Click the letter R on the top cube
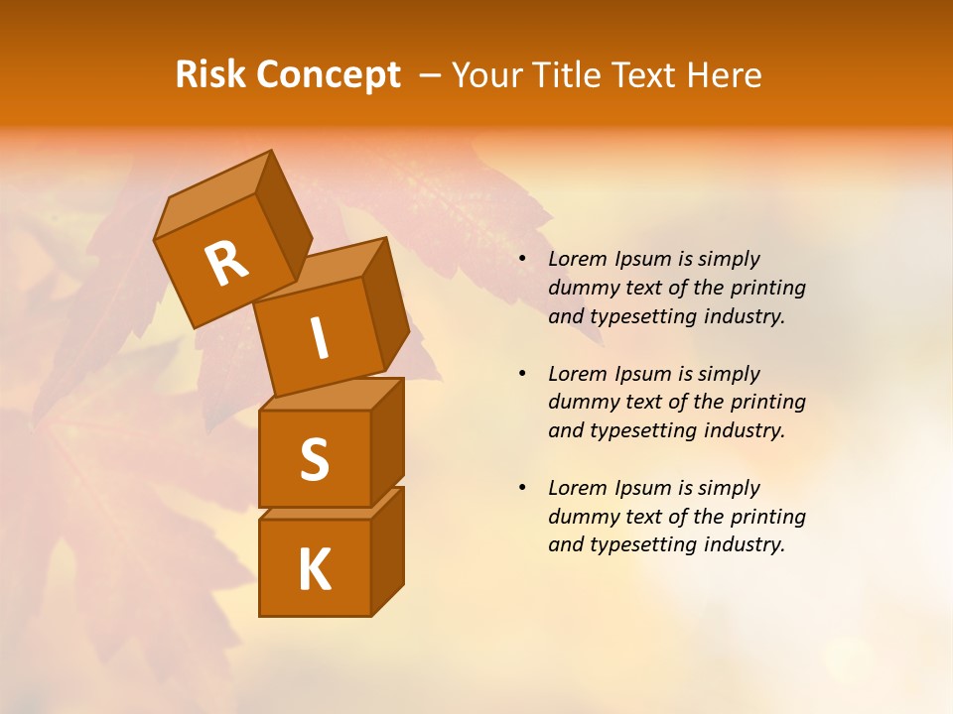point(226,264)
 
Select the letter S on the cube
point(314,459)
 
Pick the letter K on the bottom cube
point(314,570)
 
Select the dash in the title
point(431,76)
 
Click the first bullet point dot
point(522,259)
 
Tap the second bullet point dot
point(522,374)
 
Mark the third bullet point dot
point(522,488)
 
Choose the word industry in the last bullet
point(744,544)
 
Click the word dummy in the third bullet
point(581,517)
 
